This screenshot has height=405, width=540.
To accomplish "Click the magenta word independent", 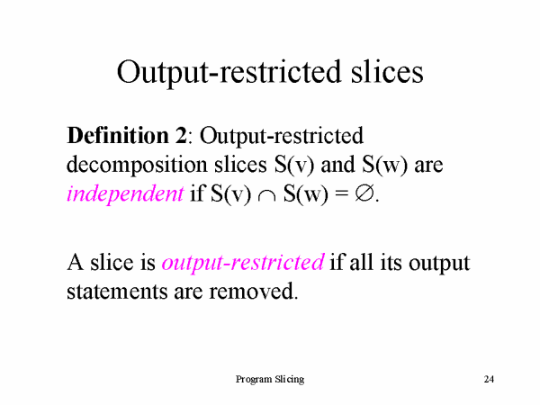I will click(125, 193).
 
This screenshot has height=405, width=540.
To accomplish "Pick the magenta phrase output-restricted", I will click(242, 263).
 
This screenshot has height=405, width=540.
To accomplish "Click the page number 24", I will click(489, 380).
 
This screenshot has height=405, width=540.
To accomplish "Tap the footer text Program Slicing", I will click(270, 380).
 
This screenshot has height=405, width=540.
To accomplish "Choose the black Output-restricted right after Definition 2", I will click(282, 138).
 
